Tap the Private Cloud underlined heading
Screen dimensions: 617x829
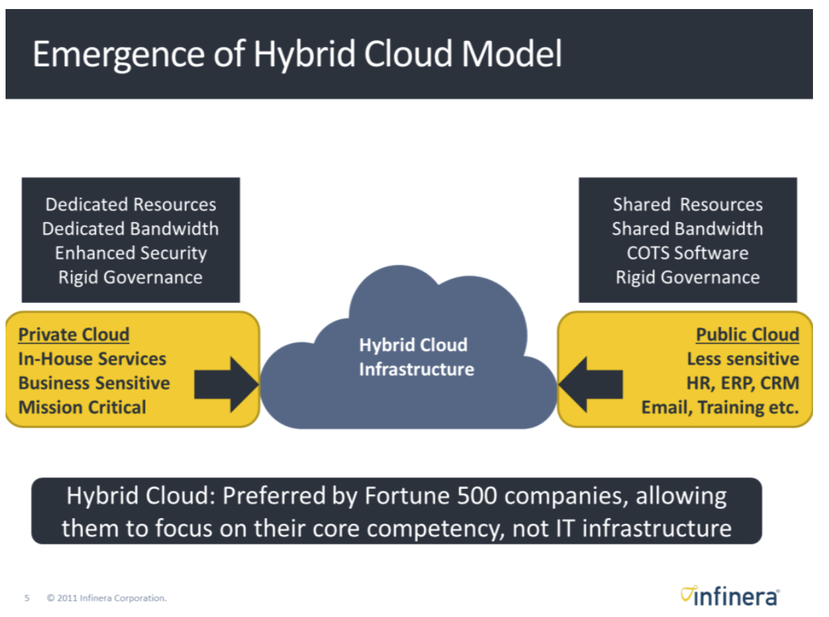pyautogui.click(x=74, y=335)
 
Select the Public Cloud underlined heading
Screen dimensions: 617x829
pyautogui.click(x=747, y=335)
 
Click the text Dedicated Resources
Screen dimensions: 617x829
pyautogui.click(x=131, y=205)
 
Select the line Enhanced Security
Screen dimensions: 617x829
pyautogui.click(x=131, y=253)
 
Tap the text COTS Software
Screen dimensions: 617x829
pyautogui.click(x=688, y=253)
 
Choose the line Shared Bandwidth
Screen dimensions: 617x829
pyautogui.click(x=688, y=229)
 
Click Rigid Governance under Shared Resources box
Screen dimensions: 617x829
pyautogui.click(x=688, y=277)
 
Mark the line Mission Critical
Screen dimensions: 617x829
pyautogui.click(x=82, y=407)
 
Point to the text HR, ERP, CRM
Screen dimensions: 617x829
pyautogui.click(x=743, y=383)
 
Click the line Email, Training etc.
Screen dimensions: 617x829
pyautogui.click(x=720, y=407)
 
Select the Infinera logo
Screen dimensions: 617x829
pyautogui.click(x=730, y=596)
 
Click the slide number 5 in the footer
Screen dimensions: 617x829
pyautogui.click(x=27, y=598)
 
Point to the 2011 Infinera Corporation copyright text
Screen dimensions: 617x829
pyautogui.click(x=107, y=598)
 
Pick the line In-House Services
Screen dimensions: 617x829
pyautogui.click(x=92, y=359)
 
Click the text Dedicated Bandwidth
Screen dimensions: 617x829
pyautogui.click(x=131, y=229)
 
